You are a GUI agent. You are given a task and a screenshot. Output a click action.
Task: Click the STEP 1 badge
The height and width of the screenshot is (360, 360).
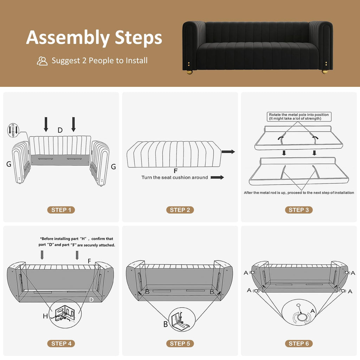pyautogui.click(x=61, y=210)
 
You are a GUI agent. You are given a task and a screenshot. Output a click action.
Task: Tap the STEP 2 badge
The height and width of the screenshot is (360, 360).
pyautogui.click(x=180, y=210)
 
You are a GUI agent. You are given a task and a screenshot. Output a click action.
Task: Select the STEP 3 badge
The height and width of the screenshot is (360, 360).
pyautogui.click(x=299, y=210)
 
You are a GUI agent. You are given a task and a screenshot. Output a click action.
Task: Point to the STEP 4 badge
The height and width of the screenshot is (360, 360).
pyautogui.click(x=61, y=343)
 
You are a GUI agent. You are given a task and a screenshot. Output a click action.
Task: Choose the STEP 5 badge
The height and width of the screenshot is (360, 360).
pyautogui.click(x=180, y=343)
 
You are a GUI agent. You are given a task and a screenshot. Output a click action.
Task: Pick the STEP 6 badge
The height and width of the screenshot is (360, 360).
pyautogui.click(x=299, y=343)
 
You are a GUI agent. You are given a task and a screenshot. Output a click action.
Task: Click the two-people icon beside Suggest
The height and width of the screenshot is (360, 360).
pyautogui.click(x=42, y=61)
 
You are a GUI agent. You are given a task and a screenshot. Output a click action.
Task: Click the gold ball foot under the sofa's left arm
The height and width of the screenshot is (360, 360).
pyautogui.click(x=189, y=72)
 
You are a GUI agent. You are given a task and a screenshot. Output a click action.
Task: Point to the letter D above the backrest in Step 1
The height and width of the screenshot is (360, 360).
pyautogui.click(x=60, y=130)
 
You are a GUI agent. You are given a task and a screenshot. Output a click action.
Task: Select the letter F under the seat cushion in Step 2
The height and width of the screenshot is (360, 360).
pyautogui.click(x=176, y=171)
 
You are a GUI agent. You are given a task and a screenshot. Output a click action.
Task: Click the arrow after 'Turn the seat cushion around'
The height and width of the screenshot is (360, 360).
pyautogui.click(x=217, y=177)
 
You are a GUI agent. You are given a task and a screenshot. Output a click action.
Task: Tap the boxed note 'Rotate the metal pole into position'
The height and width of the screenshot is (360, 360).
pyautogui.click(x=299, y=117)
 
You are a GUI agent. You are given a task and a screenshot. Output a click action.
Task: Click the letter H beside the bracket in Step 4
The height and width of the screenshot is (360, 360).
pyautogui.click(x=45, y=316)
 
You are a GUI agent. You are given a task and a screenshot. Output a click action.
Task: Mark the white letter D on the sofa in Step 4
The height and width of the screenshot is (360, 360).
pyautogui.click(x=91, y=300)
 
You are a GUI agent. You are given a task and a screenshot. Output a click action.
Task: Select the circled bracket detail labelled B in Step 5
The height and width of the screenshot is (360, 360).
pyautogui.click(x=182, y=319)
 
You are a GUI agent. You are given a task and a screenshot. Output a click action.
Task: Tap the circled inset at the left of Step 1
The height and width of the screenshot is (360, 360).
pyautogui.click(x=13, y=130)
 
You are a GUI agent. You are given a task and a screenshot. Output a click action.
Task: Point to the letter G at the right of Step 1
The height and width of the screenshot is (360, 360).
pyautogui.click(x=114, y=167)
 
